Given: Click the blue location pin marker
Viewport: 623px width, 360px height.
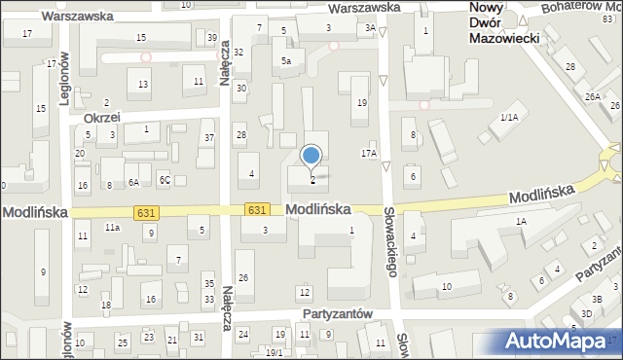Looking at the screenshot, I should (311, 156).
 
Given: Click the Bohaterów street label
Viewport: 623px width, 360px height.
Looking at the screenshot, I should (571, 8).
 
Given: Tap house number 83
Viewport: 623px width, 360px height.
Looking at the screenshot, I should (607, 7).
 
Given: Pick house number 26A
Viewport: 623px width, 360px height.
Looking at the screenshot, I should (592, 97).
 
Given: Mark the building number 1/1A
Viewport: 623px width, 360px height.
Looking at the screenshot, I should (508, 117).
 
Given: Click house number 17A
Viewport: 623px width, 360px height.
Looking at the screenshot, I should (369, 153).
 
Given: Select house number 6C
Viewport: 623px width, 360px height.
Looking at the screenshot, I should (165, 181).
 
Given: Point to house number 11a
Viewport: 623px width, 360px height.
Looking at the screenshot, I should (113, 227).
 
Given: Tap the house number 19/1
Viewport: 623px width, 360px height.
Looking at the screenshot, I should (275, 352).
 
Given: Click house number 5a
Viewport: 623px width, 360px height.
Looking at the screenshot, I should (286, 60).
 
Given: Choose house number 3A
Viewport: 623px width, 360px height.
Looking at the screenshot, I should (370, 28).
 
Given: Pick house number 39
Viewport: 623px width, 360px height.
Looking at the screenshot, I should (212, 37).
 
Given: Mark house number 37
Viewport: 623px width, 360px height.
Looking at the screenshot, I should (208, 138).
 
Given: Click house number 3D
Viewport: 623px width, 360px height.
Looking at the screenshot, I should (586, 313).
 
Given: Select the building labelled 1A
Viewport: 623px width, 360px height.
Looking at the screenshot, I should (521, 222).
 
